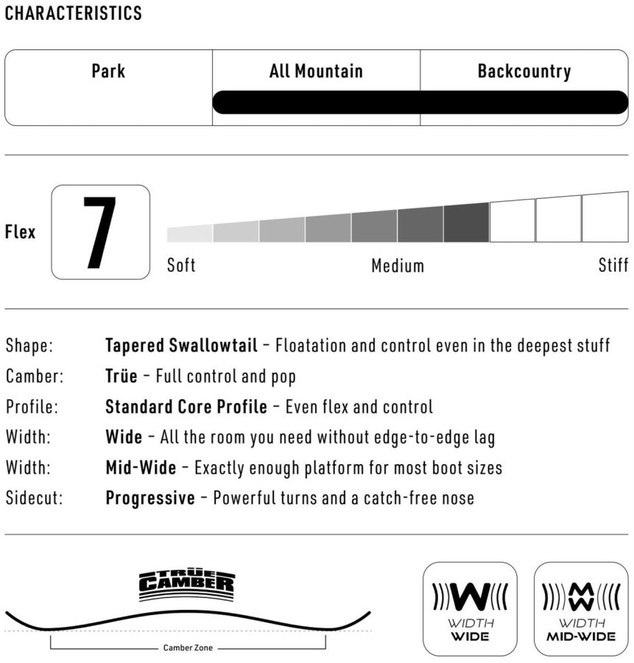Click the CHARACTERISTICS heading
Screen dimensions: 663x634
(x=74, y=13)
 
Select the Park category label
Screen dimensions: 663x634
(x=108, y=71)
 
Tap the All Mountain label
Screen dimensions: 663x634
(x=316, y=71)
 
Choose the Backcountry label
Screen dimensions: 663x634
(x=524, y=71)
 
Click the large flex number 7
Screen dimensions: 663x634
(x=100, y=232)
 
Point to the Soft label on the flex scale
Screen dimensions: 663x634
(x=181, y=265)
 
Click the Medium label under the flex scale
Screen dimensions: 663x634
(x=398, y=265)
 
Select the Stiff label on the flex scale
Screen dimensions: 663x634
(x=613, y=265)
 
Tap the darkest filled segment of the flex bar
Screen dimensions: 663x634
(x=466, y=222)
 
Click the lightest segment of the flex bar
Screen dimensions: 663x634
(x=190, y=234)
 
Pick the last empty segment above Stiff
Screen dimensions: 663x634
(x=605, y=217)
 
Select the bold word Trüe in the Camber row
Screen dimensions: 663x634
(x=121, y=376)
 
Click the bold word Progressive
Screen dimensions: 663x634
(x=150, y=498)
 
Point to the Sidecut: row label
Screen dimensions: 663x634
(x=35, y=498)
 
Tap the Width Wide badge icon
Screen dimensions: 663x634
(x=469, y=608)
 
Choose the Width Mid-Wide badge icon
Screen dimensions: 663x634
(x=581, y=608)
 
